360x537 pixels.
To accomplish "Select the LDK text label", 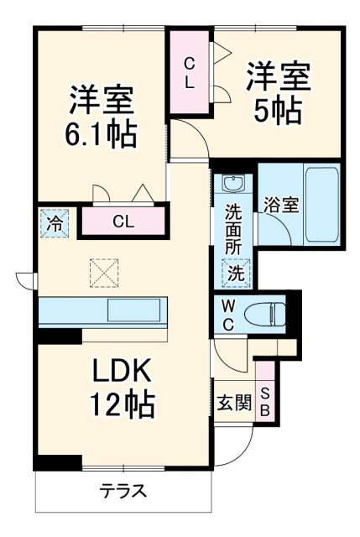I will [x=123, y=372].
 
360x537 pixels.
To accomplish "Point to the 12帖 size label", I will [x=123, y=405].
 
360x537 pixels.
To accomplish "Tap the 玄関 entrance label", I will [x=235, y=404].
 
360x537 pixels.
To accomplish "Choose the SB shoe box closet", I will [x=265, y=404].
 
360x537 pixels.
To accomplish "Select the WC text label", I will [x=227, y=315].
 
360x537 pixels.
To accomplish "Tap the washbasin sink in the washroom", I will [x=232, y=184].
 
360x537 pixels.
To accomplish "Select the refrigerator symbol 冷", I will [x=53, y=224].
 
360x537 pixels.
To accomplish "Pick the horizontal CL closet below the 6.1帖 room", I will [x=123, y=222].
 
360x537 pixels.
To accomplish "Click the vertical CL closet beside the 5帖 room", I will [x=190, y=74].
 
